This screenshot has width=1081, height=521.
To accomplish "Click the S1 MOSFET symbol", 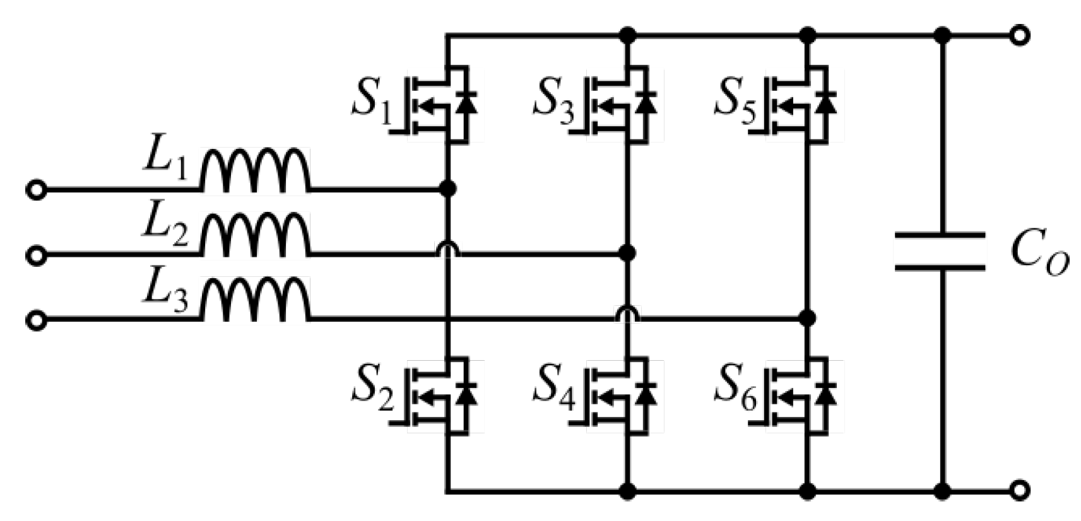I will point(442,103).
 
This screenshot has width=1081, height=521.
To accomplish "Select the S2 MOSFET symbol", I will point(442,395).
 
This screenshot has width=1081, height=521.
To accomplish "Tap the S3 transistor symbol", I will point(622,103).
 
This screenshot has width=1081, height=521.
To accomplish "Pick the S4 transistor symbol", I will point(622,395).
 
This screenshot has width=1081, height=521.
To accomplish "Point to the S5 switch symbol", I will point(802,103).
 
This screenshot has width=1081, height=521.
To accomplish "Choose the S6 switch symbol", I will point(802,395).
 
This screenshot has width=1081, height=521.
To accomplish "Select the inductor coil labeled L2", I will point(256,237).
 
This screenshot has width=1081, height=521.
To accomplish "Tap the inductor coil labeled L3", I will point(256,301).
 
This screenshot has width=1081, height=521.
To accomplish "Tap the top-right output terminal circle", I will point(1019,35).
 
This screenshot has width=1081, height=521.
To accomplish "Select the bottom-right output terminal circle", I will point(1019,490).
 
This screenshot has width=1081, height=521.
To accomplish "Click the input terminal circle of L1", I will point(37,189).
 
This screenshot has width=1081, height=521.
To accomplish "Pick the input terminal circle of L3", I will point(37,320).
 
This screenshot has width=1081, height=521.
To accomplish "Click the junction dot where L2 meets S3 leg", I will point(627,254).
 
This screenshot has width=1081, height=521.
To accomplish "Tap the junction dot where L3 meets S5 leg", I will point(806,318).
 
